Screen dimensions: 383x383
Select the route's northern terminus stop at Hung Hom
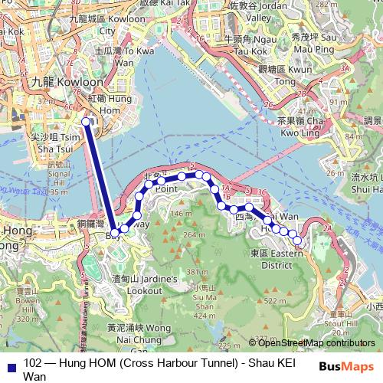coord(87,122)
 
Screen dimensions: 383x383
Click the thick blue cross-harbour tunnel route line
coord(100,176)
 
